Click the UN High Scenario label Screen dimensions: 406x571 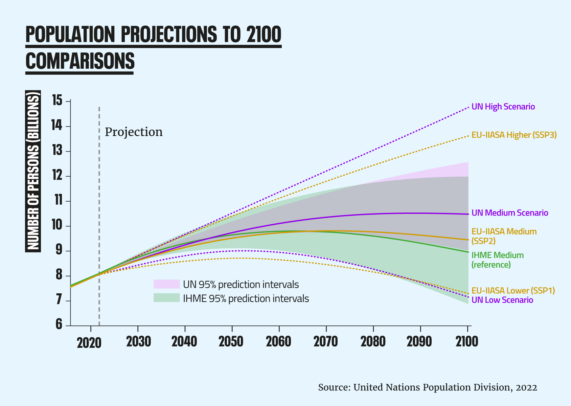(503, 107)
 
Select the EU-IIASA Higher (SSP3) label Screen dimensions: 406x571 (514, 135)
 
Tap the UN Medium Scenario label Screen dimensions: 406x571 (509, 213)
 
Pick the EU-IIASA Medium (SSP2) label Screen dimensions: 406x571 (504, 236)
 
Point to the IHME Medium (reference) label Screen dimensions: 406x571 (497, 260)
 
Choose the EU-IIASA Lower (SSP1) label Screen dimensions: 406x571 (513, 291)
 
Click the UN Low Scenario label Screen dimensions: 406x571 (502, 300)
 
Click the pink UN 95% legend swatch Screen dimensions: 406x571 (166, 284)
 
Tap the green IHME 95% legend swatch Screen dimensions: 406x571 (166, 298)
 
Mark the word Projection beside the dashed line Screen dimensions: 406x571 (134, 132)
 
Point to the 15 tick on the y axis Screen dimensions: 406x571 (57, 101)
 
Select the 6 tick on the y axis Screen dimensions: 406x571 (59, 325)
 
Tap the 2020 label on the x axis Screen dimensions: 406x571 (89, 343)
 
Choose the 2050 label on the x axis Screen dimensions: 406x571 (231, 342)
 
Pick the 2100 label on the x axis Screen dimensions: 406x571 (467, 342)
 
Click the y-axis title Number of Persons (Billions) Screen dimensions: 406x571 (33, 172)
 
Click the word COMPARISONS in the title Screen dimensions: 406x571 (80, 61)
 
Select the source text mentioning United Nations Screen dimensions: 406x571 (427, 387)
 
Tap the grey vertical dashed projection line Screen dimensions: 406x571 (99, 203)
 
